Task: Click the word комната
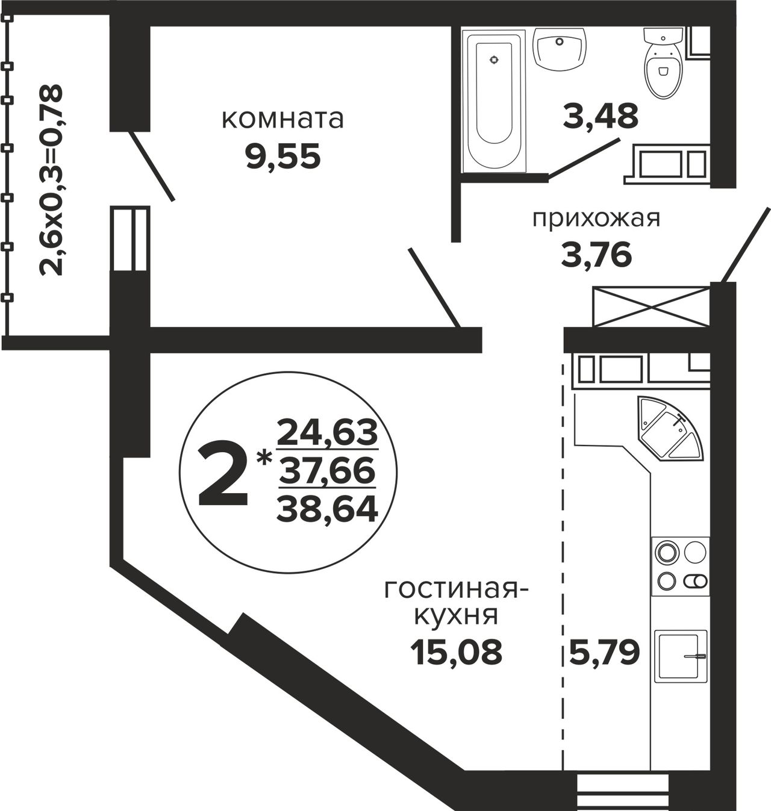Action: pos(282,119)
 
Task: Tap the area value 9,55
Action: pos(283,157)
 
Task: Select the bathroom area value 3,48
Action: pos(601,116)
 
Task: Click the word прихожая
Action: pos(596,219)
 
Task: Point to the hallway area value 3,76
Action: pos(596,255)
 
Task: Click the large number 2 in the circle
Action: pos(223,474)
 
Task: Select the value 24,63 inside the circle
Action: pos(327,432)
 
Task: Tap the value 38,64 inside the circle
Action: pos(327,509)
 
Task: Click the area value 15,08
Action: pos(457,652)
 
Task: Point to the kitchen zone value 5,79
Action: pos(605,652)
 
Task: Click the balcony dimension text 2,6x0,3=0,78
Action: pos(51,180)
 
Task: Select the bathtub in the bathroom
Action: pos(494,100)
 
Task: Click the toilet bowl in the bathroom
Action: pos(663,63)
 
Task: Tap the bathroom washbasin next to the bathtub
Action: pos(559,48)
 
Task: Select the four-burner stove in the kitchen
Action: pos(681,567)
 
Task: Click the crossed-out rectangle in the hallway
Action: pos(651,306)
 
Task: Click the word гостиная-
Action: pos(457,590)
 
